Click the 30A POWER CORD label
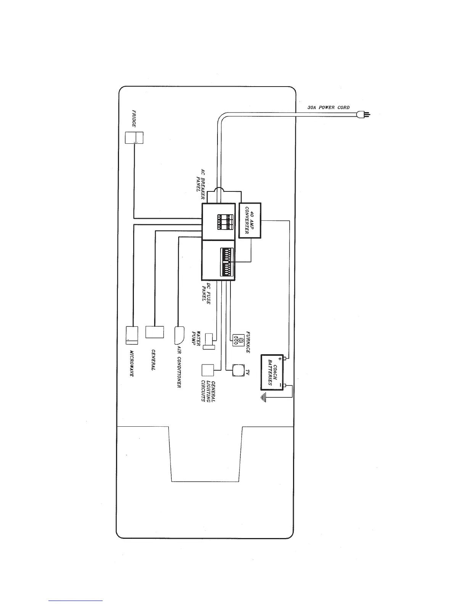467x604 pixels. point(329,108)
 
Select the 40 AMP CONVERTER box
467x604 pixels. point(250,220)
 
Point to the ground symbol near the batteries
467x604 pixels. point(263,398)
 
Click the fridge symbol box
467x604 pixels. point(134,138)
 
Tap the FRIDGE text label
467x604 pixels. point(134,119)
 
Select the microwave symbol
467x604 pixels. point(132,335)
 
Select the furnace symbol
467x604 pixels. point(238,340)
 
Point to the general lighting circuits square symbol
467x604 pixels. point(208,370)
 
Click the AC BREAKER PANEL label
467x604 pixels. point(201,185)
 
